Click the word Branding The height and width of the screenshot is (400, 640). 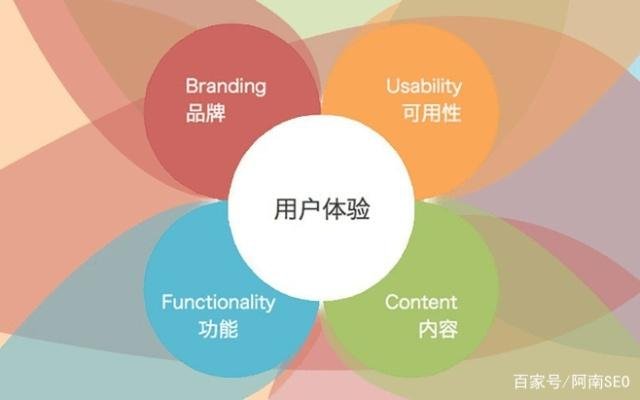click(x=226, y=86)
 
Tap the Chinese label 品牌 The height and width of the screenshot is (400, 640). click(x=206, y=112)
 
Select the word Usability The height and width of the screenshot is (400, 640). click(x=423, y=86)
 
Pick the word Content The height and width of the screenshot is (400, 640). click(x=421, y=302)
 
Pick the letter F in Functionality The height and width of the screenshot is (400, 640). click(x=167, y=302)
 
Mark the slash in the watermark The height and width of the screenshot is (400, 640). click(x=562, y=381)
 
